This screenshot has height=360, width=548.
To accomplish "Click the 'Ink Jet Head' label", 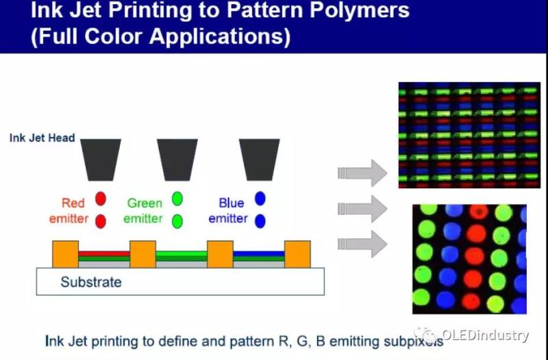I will (x=42, y=138).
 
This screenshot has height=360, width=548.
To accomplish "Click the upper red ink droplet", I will (x=101, y=199).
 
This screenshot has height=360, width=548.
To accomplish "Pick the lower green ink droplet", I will (x=177, y=221).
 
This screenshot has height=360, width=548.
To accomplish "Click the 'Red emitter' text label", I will (x=68, y=211).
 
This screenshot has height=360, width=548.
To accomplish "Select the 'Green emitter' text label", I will (x=145, y=211).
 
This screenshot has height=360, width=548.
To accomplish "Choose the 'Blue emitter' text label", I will (x=228, y=211).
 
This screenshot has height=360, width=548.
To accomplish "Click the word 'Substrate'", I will (x=91, y=282).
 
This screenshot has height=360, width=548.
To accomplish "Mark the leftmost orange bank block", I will (x=66, y=254).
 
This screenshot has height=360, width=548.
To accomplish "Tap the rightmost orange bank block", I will (x=297, y=254).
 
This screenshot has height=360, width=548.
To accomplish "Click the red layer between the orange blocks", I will (x=104, y=253).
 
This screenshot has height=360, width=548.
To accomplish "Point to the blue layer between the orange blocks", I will (x=258, y=253).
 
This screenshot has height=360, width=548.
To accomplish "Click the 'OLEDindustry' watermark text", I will (x=485, y=335).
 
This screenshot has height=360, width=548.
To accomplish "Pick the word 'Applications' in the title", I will (x=219, y=36).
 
